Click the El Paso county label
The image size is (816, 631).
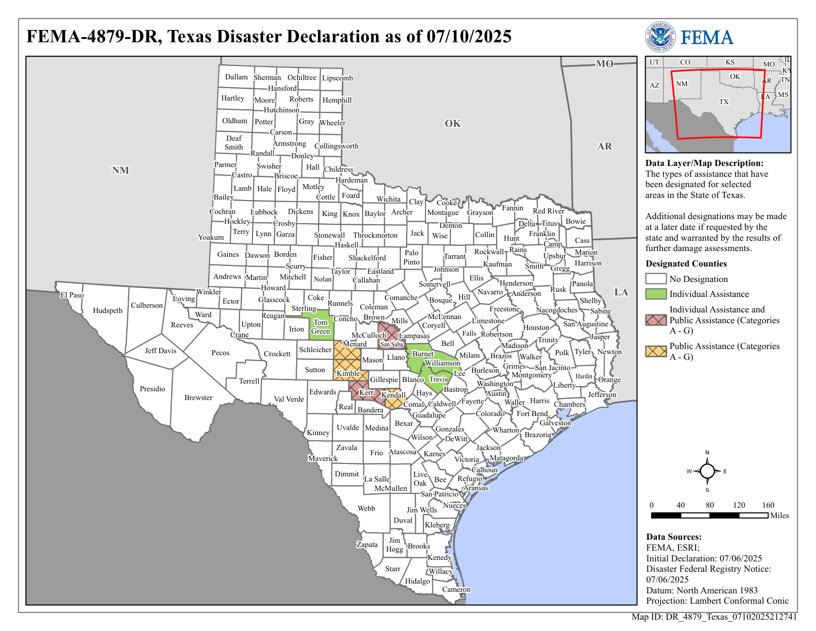(x=72, y=295)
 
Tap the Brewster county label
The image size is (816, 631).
(x=198, y=397)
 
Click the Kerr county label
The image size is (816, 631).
(x=366, y=392)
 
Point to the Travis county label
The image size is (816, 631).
(x=438, y=379)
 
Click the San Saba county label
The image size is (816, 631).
(x=392, y=344)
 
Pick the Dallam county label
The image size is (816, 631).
(x=236, y=77)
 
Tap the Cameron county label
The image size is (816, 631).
(x=456, y=589)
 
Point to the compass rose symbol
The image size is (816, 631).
(x=707, y=471)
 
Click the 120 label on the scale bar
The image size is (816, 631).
(x=739, y=505)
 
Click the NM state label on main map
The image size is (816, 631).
(x=121, y=171)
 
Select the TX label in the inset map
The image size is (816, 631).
(x=724, y=102)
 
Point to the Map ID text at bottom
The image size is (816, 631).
(x=714, y=617)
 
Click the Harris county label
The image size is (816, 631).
(x=539, y=401)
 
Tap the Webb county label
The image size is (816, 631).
(x=366, y=508)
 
